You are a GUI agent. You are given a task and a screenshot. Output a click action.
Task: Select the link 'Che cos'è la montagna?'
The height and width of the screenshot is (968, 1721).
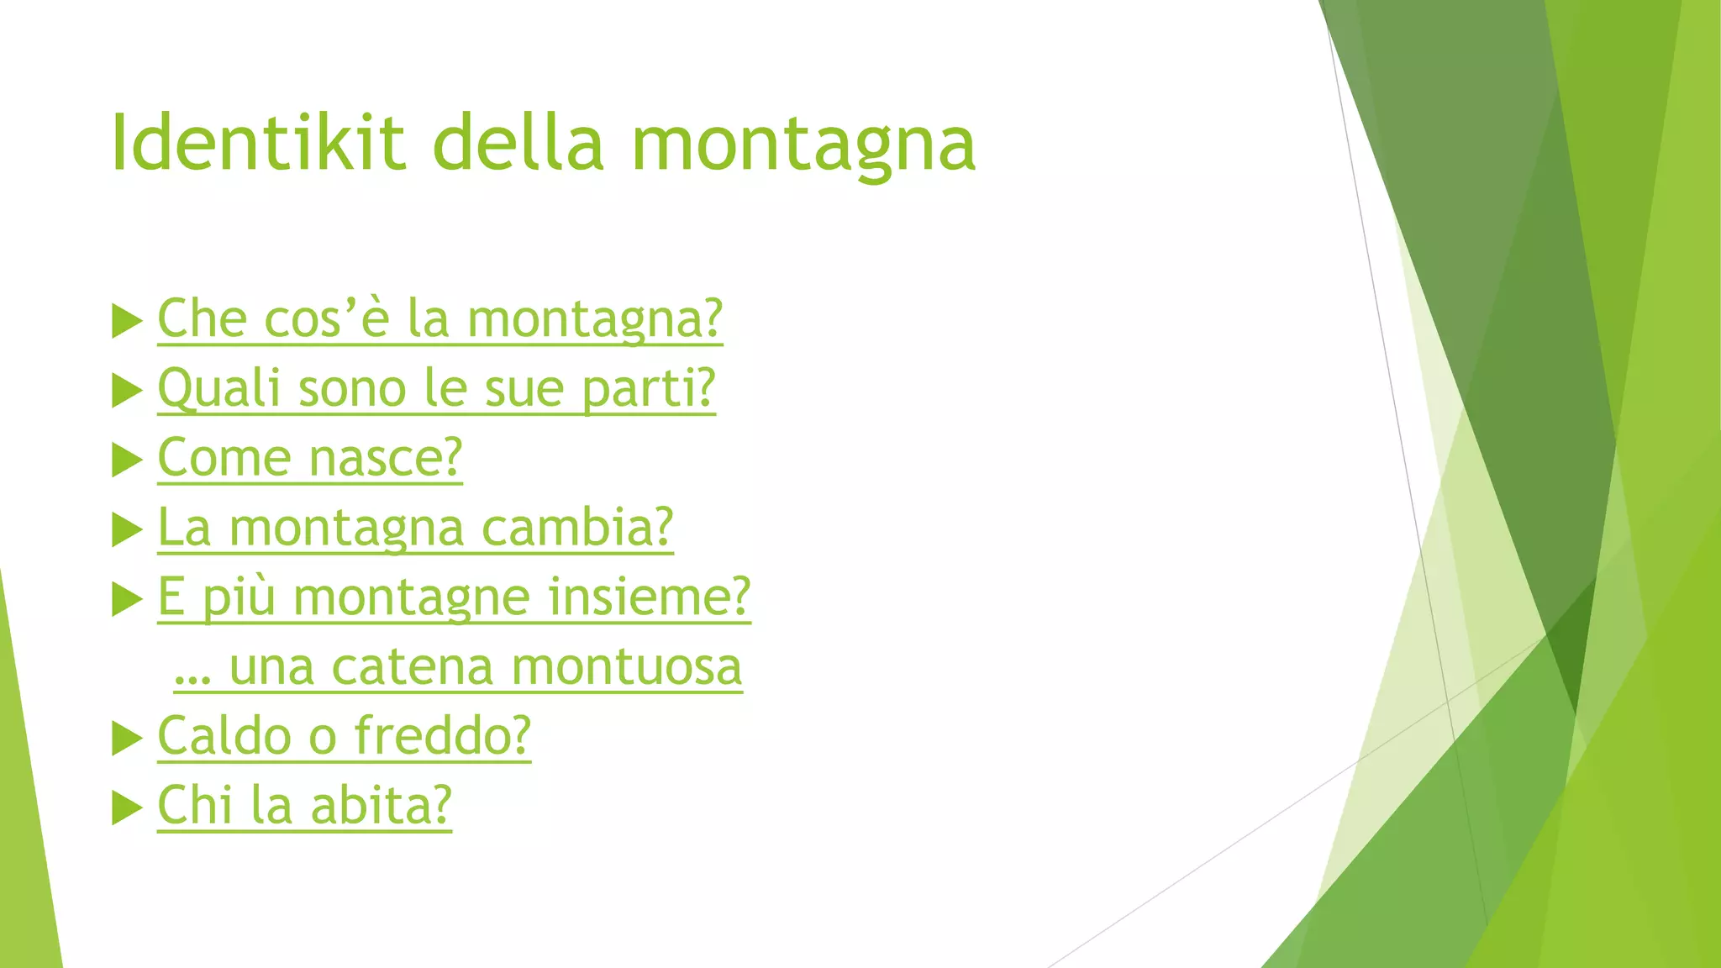click(439, 319)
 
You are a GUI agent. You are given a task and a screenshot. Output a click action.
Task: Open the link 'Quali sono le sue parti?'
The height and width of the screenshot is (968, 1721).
click(436, 389)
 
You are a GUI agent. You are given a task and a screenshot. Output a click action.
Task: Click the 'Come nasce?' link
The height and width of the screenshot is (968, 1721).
click(310, 459)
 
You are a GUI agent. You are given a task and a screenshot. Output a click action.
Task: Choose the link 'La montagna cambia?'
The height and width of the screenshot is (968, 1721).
click(415, 529)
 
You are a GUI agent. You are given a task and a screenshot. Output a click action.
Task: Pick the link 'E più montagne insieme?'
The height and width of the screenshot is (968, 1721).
click(454, 597)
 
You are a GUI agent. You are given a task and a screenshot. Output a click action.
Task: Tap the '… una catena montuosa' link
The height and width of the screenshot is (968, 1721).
click(458, 667)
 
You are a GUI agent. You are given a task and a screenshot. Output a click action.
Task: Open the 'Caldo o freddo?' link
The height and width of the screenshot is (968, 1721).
click(345, 737)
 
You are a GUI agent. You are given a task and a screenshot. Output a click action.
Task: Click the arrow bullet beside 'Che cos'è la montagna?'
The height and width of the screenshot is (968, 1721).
click(127, 322)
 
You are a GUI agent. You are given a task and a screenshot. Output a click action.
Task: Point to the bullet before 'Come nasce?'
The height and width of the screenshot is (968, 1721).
click(127, 460)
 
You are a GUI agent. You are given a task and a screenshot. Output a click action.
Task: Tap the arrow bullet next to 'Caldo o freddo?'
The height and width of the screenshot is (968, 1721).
click(127, 739)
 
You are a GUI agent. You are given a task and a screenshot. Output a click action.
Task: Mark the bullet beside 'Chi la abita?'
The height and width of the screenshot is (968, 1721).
click(127, 808)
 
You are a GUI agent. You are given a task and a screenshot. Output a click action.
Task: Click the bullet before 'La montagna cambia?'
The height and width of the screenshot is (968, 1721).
click(127, 530)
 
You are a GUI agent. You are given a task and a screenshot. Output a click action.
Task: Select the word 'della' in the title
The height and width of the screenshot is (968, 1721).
click(518, 143)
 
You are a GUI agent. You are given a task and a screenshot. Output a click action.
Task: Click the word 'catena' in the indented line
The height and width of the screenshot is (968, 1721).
click(412, 667)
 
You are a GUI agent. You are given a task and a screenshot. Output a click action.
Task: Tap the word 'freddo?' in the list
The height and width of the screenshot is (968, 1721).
click(443, 737)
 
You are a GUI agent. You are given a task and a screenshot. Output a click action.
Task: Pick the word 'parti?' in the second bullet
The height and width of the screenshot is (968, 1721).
click(648, 389)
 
